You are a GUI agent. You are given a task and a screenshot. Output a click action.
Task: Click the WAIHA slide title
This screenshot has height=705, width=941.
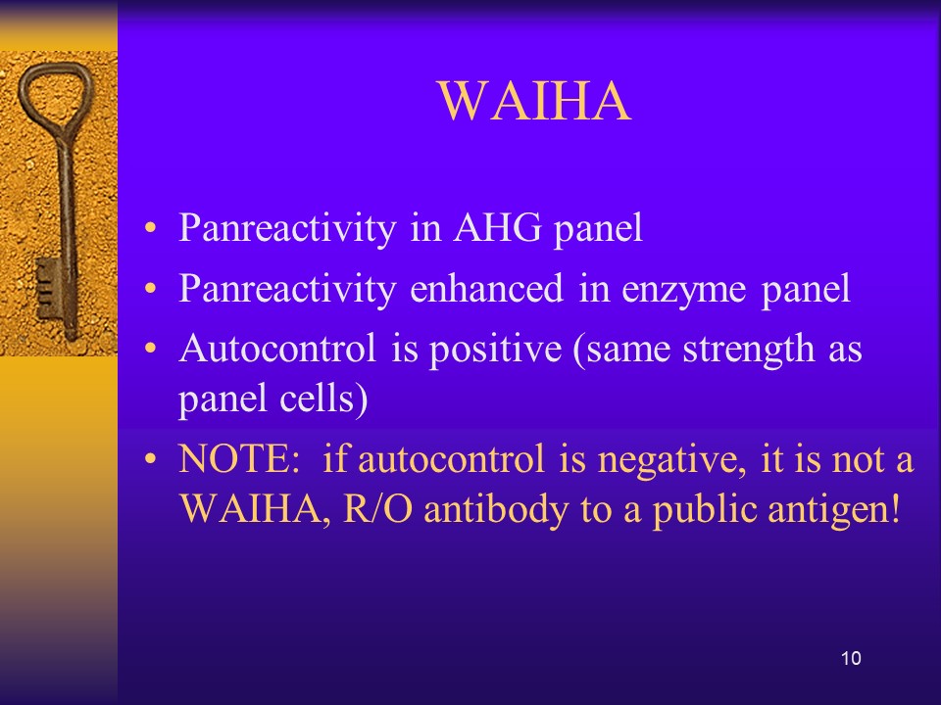[x=534, y=101]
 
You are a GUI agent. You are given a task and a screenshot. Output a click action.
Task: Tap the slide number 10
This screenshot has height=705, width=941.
[x=851, y=658]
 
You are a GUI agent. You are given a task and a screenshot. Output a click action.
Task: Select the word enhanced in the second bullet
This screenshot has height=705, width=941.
[x=487, y=288]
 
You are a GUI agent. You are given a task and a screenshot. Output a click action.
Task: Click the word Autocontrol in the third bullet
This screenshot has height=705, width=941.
[x=277, y=349]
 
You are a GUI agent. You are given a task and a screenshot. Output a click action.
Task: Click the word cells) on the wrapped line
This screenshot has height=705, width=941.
[x=324, y=399]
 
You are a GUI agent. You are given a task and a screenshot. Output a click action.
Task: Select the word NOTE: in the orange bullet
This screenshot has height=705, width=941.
[x=239, y=459]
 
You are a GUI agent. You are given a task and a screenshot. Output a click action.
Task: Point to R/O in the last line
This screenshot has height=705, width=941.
[x=377, y=509]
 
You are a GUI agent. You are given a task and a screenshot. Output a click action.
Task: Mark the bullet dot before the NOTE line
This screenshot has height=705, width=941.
[x=151, y=460]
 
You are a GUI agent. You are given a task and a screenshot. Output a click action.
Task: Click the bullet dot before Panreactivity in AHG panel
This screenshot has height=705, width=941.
[x=151, y=228]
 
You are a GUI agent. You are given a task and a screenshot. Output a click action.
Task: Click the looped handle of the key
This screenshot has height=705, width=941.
[x=55, y=96]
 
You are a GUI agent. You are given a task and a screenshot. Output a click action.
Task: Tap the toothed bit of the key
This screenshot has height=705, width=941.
[x=48, y=289]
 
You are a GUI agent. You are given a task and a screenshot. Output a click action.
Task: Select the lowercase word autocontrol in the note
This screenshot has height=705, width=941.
[x=452, y=460]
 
